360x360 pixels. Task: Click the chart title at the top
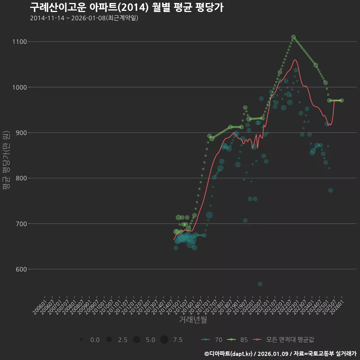point(127,7)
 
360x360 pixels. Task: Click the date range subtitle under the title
point(84,18)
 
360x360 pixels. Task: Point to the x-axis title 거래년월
point(193,320)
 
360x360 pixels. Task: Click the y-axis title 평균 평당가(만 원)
point(6,161)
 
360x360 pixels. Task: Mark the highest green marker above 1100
point(293,37)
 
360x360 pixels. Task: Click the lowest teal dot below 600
point(260,284)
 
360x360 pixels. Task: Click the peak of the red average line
point(295,60)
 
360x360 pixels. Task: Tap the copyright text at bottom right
point(280,354)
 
